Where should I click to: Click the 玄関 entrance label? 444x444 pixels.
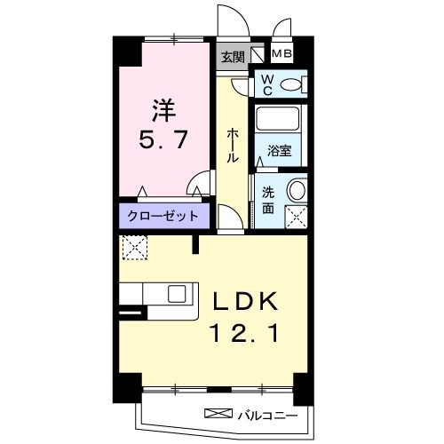click(233, 57)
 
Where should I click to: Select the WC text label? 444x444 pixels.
click(266, 83)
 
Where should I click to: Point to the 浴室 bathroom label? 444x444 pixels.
click(279, 151)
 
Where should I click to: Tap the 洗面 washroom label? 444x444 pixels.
click(267, 199)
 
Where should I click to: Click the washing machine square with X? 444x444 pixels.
click(296, 216)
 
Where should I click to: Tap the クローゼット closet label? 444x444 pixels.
click(163, 216)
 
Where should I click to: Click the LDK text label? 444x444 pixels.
click(245, 303)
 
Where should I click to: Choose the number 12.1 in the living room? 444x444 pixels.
click(245, 335)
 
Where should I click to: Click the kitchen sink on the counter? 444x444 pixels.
click(177, 294)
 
